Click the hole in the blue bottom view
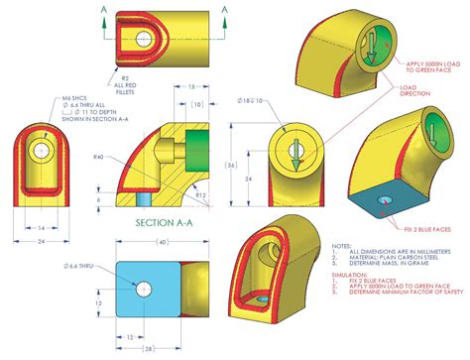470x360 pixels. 145,289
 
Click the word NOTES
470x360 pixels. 343,245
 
